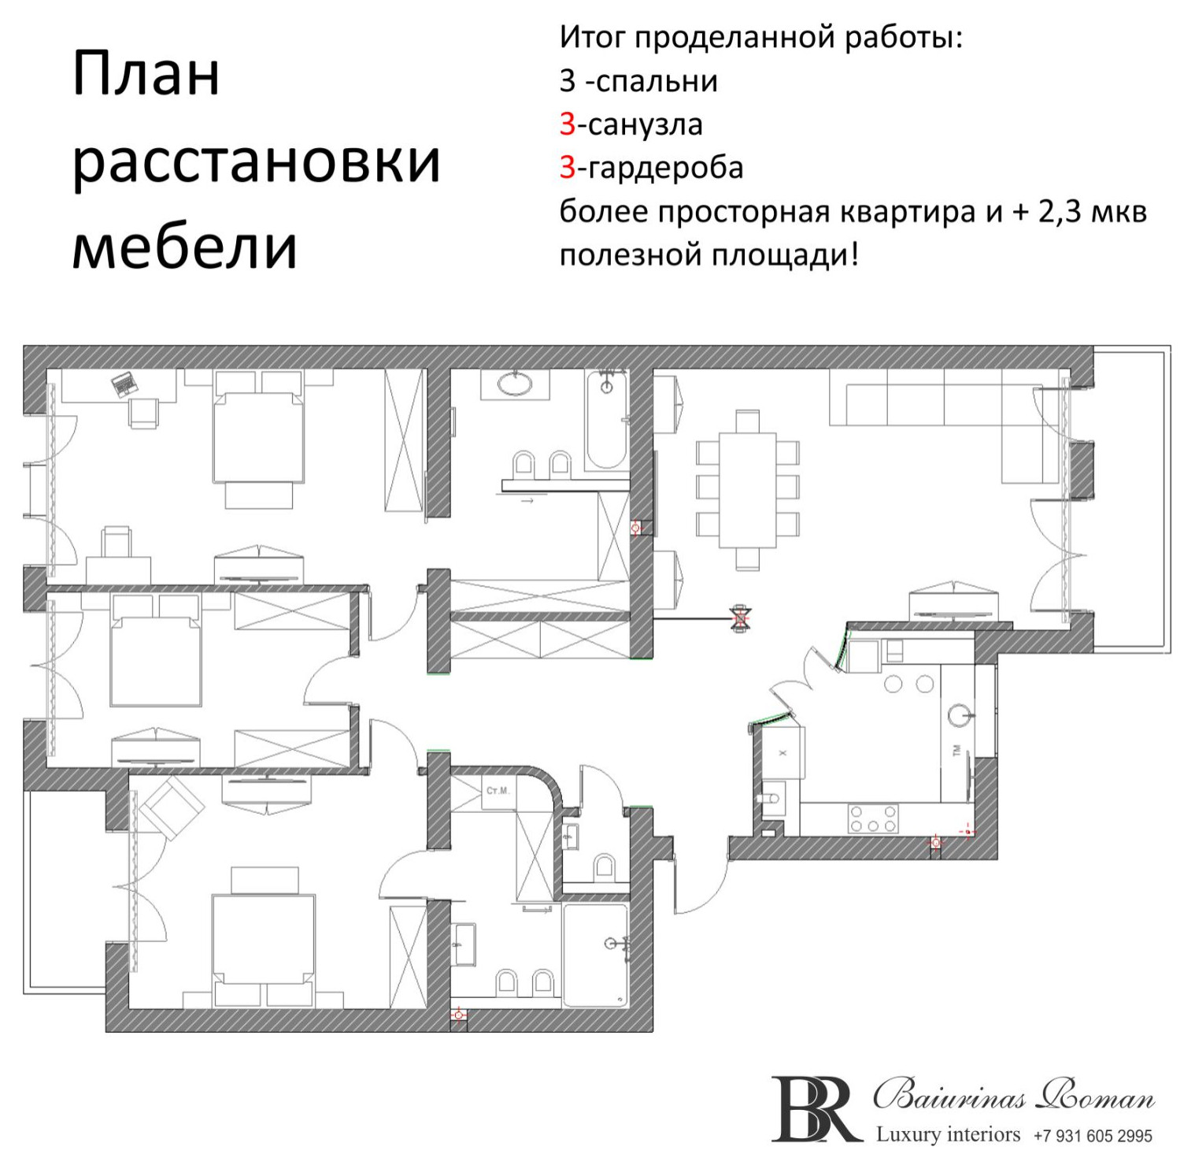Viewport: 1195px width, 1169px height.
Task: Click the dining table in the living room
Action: (x=747, y=489)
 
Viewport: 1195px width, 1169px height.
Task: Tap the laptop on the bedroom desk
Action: (x=124, y=384)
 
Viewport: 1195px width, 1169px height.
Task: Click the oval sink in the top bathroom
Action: (x=515, y=384)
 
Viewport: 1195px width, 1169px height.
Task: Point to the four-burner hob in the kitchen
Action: (x=872, y=818)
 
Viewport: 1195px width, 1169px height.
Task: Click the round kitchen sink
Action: (x=959, y=715)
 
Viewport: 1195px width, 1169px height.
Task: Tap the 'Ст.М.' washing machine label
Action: (x=498, y=790)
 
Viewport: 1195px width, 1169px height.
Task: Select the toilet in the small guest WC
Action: (x=605, y=865)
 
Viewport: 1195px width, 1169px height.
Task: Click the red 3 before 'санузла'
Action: (x=568, y=124)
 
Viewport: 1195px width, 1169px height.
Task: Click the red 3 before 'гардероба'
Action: (x=568, y=168)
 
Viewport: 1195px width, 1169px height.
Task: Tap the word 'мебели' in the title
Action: (x=184, y=247)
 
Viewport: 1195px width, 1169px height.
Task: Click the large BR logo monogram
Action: (x=815, y=1109)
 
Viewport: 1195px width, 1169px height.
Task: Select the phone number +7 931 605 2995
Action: (x=1093, y=1136)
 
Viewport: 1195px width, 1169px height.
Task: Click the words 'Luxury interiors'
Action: (x=948, y=1134)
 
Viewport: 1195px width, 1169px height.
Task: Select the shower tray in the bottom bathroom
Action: (x=595, y=955)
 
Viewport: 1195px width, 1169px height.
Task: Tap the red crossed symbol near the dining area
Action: (x=740, y=618)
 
